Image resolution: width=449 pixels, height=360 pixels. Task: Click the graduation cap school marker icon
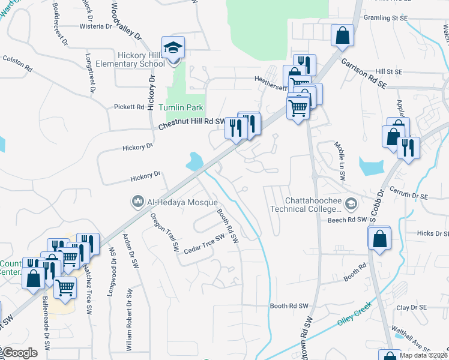173,49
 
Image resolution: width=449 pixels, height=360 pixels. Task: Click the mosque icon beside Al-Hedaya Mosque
137,202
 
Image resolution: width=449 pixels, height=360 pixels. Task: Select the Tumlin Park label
181,108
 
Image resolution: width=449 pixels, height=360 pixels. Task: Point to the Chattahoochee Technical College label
305,205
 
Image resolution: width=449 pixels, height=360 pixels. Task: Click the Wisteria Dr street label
96,26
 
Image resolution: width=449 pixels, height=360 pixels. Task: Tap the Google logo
20,353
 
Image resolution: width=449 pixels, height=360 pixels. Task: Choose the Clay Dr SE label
411,308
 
